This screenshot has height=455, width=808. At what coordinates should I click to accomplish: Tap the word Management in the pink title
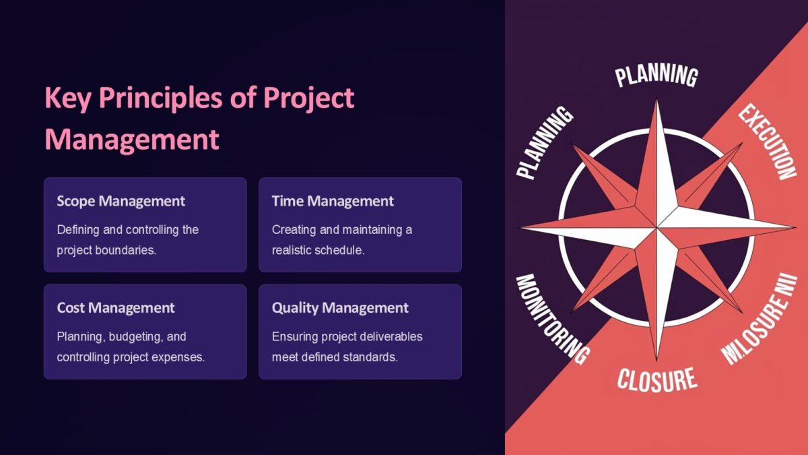click(132, 140)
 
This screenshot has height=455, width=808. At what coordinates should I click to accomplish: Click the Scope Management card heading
click(121, 201)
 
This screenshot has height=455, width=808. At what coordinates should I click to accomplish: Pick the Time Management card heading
click(333, 201)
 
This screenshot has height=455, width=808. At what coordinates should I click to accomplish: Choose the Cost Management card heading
click(116, 308)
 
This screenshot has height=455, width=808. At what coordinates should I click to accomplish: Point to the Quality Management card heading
click(340, 308)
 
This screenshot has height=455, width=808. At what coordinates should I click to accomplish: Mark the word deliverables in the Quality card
click(387, 336)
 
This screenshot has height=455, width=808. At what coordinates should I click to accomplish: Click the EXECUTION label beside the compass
click(767, 142)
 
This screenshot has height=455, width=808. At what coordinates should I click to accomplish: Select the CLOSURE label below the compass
click(656, 379)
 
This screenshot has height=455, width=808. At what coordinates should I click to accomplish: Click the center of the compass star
click(656, 227)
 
